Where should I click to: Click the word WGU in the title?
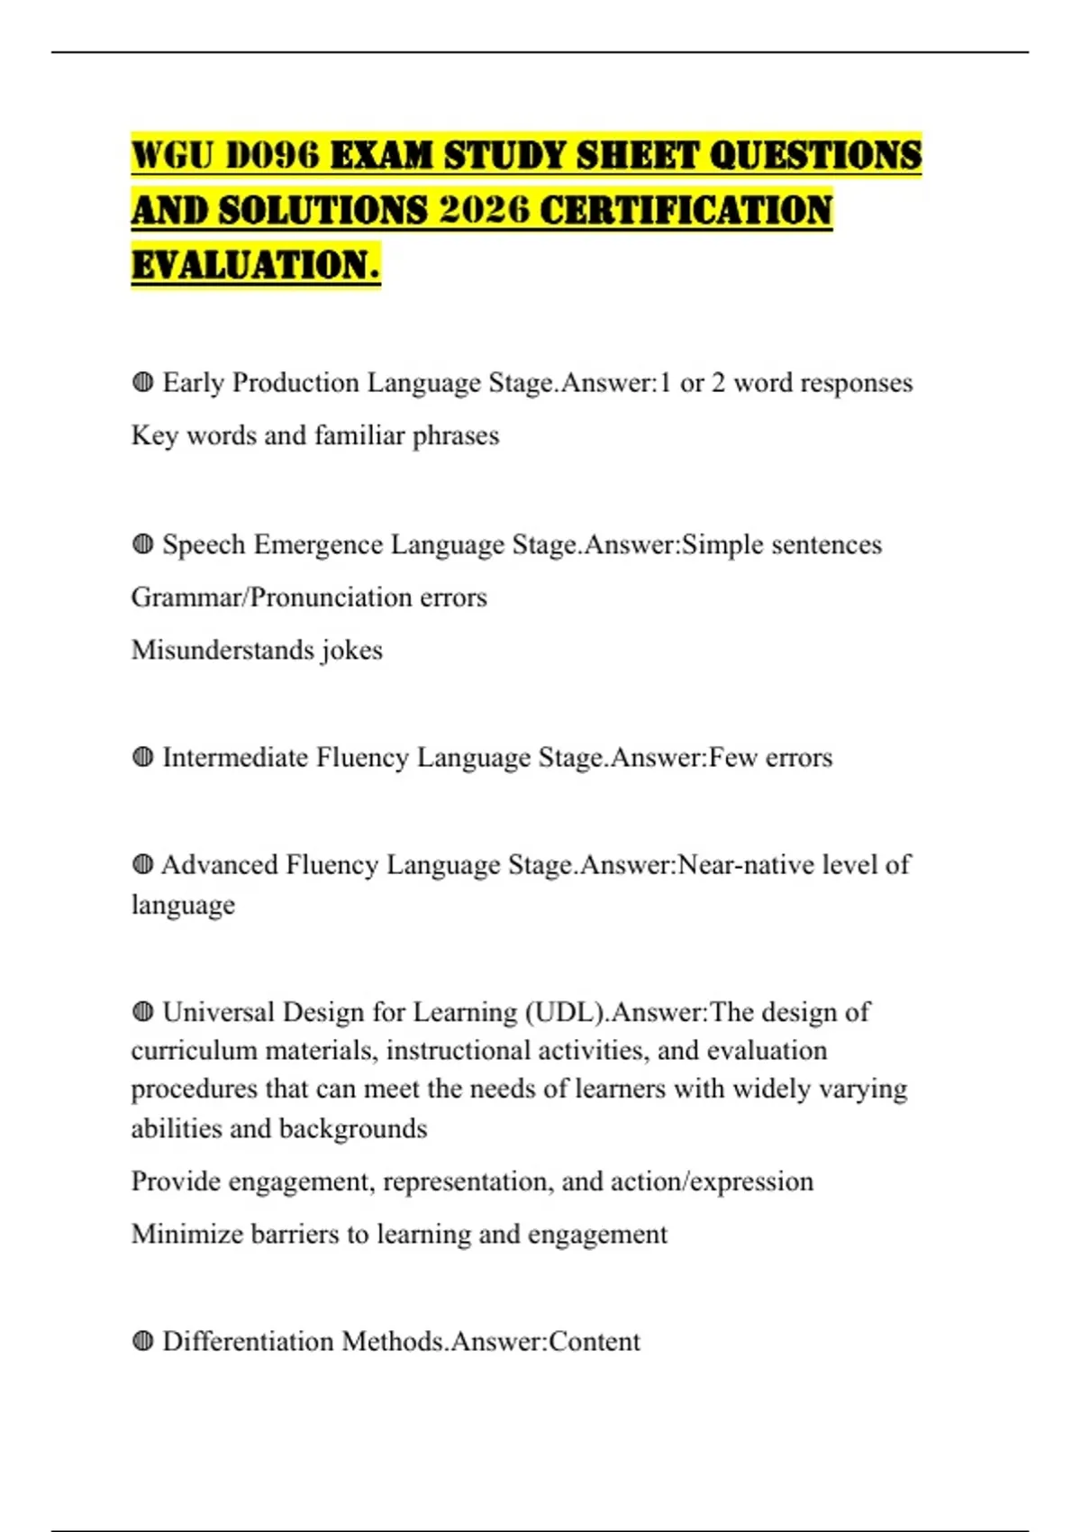point(171,156)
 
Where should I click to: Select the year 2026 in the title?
point(484,211)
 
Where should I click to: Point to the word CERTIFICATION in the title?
point(686,211)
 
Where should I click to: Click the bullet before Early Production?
point(142,382)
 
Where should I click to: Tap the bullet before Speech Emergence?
point(142,544)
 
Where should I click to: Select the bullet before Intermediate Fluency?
point(142,757)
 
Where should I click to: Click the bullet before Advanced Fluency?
point(142,864)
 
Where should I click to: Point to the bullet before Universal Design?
point(142,1012)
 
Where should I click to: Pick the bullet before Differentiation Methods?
point(142,1341)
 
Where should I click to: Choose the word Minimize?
point(186,1234)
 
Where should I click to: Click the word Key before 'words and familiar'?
point(154,436)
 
